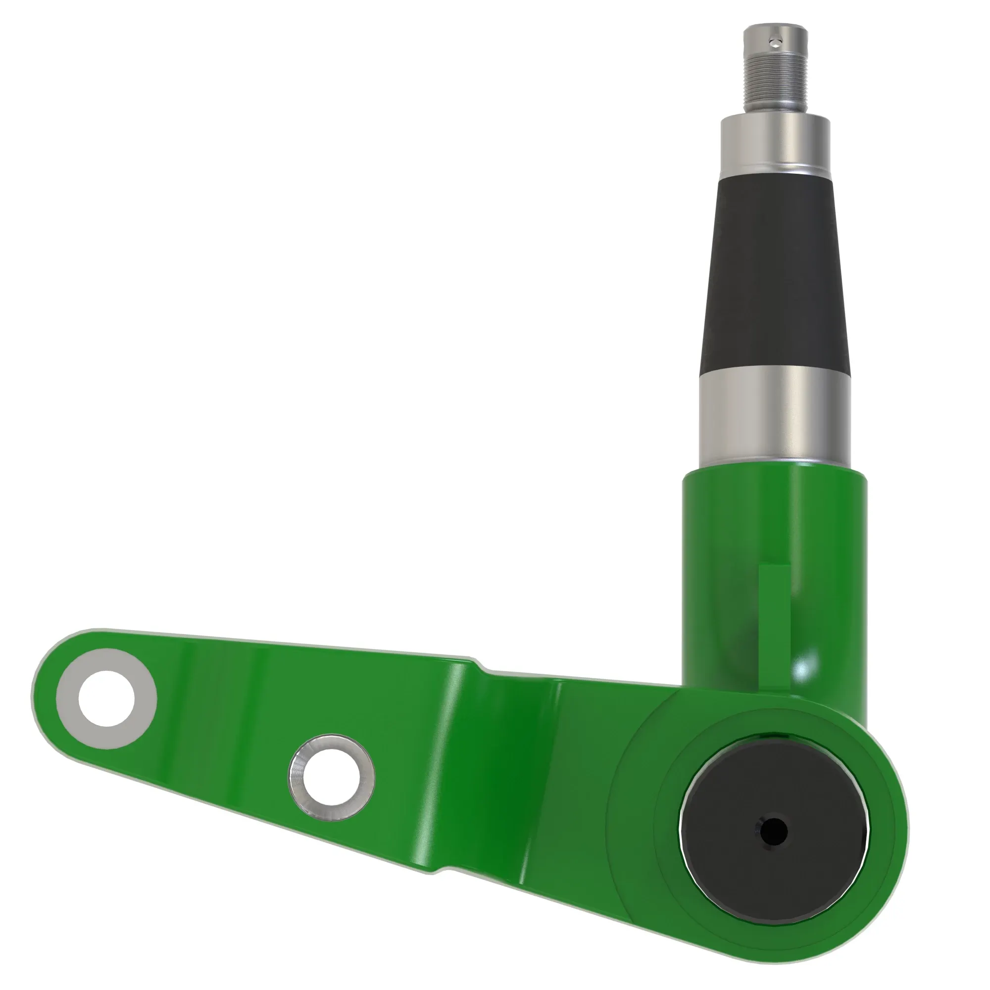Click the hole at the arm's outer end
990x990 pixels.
coord(106,698)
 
